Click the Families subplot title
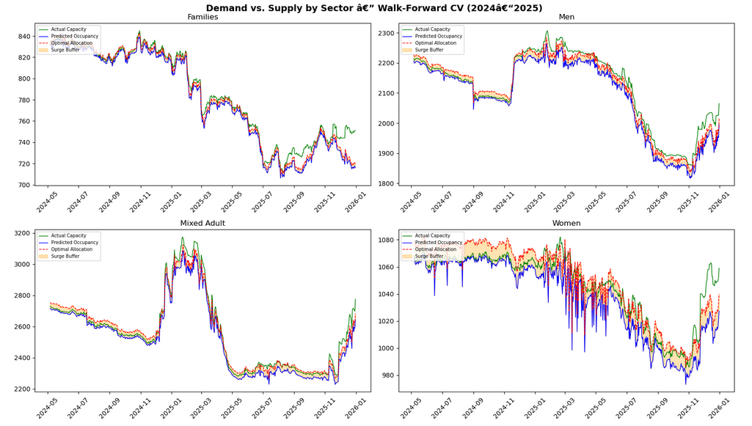(202, 17)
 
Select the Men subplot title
(566, 17)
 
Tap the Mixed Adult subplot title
(202, 223)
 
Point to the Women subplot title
(566, 223)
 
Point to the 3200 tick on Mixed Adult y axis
(20, 234)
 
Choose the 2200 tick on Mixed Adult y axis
(20, 389)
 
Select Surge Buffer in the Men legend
(428, 50)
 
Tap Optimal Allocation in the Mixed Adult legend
(72, 249)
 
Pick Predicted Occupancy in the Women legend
(439, 243)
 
